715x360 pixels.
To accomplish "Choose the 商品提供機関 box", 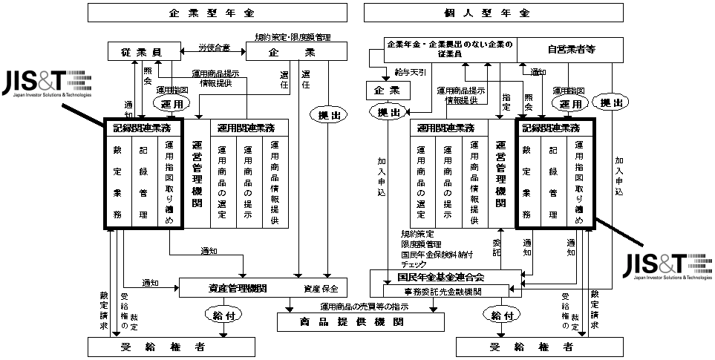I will click(x=361, y=321).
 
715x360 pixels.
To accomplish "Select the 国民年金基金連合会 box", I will click(x=452, y=277).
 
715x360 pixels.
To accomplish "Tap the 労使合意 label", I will click(x=214, y=48).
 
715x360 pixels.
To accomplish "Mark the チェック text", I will click(x=414, y=263).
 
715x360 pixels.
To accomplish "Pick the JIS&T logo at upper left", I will click(x=46, y=83).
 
